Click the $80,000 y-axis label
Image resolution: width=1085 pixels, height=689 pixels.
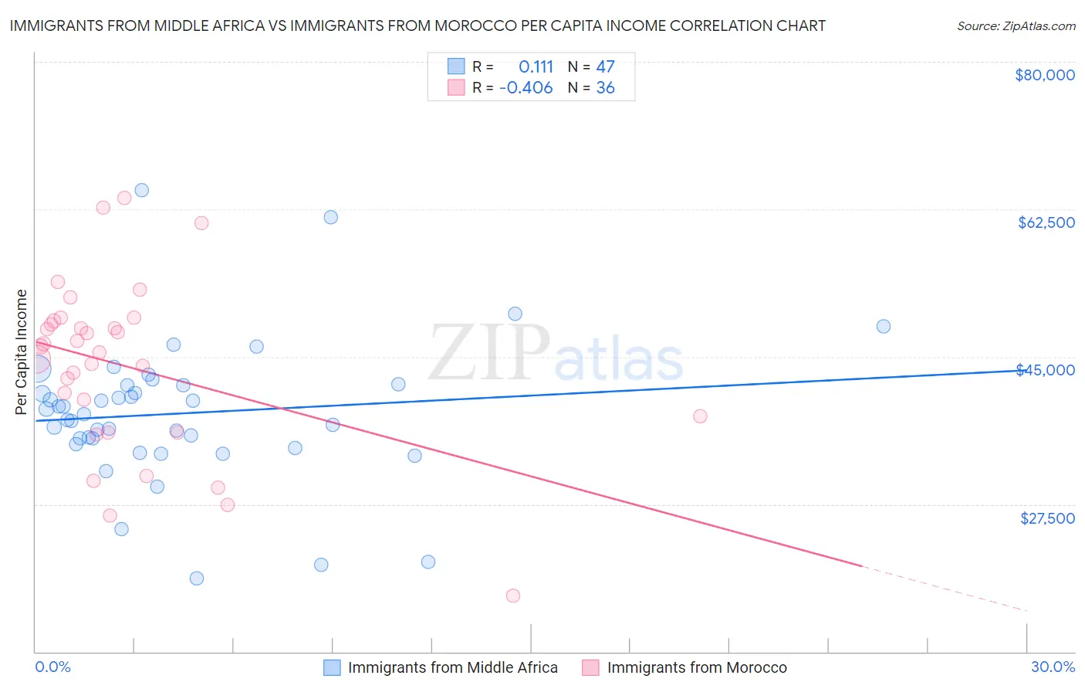[1045, 75]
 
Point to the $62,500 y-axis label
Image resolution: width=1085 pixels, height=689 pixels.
[1046, 222]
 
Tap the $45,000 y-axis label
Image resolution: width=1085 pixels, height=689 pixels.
[1045, 370]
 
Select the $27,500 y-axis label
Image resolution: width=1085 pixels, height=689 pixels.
[1047, 518]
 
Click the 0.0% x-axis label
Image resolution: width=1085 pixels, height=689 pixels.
[52, 667]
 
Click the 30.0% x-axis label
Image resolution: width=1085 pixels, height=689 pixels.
[1053, 667]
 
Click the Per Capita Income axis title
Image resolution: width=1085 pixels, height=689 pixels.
[21, 351]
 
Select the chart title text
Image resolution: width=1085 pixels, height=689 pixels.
[417, 25]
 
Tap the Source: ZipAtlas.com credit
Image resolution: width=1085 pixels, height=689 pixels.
[1016, 25]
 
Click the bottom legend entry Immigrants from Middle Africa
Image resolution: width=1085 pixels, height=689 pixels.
[452, 667]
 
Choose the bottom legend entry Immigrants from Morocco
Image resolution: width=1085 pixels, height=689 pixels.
[696, 667]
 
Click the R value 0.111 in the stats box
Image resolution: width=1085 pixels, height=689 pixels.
[536, 66]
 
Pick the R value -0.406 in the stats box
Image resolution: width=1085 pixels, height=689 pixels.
[526, 88]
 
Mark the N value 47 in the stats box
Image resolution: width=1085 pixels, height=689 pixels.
[605, 66]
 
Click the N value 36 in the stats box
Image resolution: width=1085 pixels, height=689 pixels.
[605, 88]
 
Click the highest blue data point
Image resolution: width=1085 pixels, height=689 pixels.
[141, 190]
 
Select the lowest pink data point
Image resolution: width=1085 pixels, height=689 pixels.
[513, 596]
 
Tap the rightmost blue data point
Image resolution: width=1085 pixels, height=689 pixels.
[884, 326]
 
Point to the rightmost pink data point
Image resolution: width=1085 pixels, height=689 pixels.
[700, 416]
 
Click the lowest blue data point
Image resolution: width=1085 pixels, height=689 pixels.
[197, 579]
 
